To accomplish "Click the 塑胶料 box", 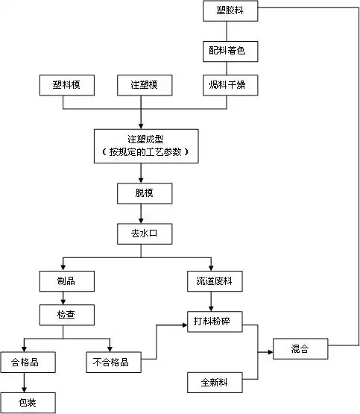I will (x=233, y=12).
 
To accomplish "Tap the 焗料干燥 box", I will (x=233, y=86).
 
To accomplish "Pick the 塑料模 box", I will (x=67, y=86).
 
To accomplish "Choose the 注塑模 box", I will (x=145, y=86).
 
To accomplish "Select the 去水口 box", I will (x=145, y=233).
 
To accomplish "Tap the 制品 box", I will (x=66, y=280).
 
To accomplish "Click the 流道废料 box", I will (x=214, y=280).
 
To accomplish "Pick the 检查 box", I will (x=66, y=316).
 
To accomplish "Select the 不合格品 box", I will (x=111, y=363).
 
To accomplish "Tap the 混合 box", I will (x=300, y=348).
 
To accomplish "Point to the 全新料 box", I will (x=214, y=383).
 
